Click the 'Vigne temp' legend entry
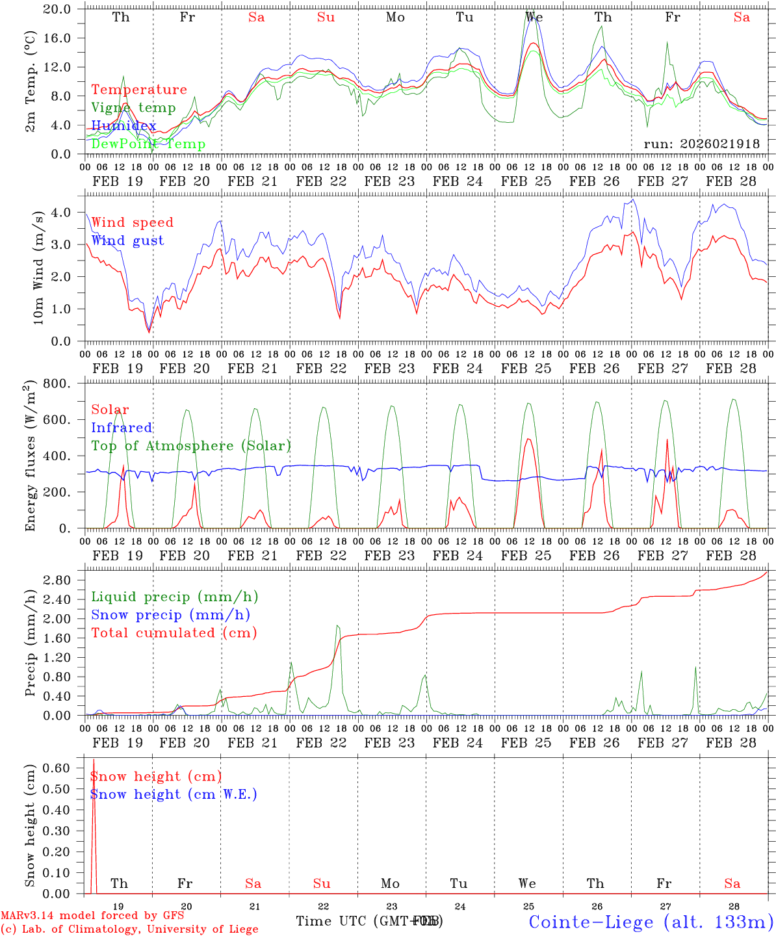(x=133, y=108)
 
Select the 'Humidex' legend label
(x=123, y=126)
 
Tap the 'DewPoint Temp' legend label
(x=148, y=144)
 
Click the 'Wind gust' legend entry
(x=127, y=240)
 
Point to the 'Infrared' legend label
(x=122, y=428)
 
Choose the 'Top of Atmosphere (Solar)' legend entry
(x=191, y=446)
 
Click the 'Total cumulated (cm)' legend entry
(x=174, y=633)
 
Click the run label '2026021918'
(x=701, y=144)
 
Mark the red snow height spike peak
(x=94, y=759)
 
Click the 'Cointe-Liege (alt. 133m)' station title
(x=651, y=921)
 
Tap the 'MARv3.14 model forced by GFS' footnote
(x=92, y=916)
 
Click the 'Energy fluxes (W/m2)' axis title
(x=30, y=456)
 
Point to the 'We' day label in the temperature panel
(x=534, y=18)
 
